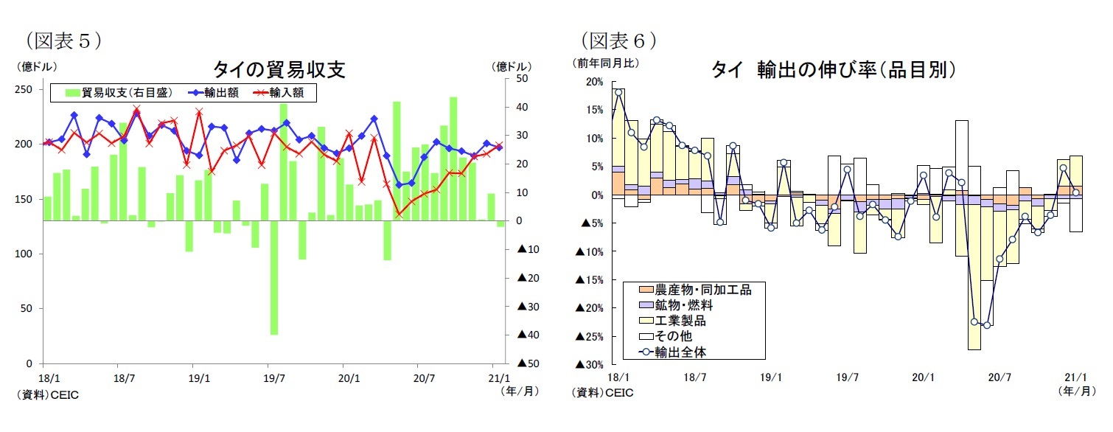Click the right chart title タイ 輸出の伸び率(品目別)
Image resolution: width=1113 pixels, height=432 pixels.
[x=834, y=69]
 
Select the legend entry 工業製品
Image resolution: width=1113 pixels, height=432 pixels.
[x=674, y=320]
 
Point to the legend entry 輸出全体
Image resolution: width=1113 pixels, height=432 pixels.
[x=674, y=352]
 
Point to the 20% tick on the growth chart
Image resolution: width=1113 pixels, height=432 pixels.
[x=593, y=82]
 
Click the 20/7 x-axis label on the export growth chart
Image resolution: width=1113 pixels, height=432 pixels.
[x=999, y=377]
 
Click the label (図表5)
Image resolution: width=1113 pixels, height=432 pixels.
[x=63, y=39]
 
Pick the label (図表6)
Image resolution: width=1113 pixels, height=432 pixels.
[x=618, y=39]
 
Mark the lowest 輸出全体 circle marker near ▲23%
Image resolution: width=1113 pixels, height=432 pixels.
[x=987, y=325]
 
